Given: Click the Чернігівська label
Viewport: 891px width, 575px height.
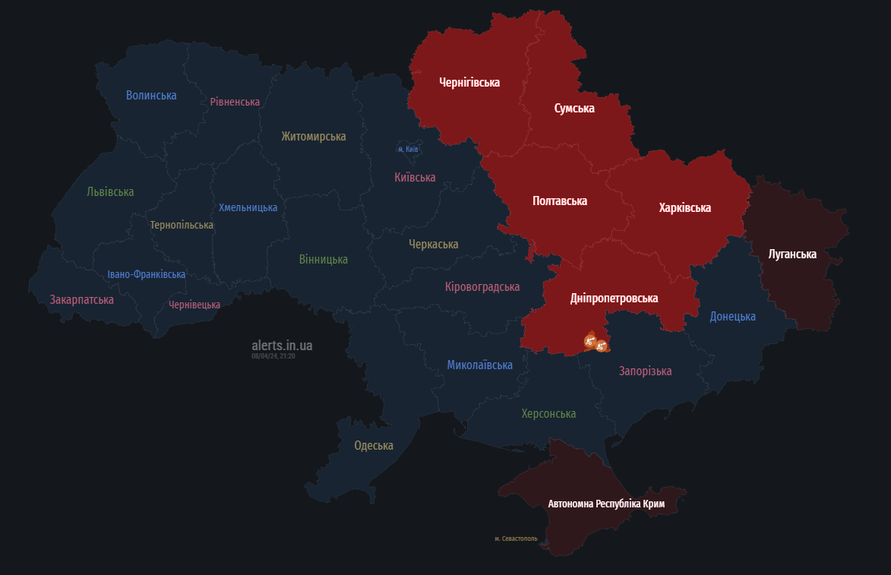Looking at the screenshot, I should pyautogui.click(x=469, y=82).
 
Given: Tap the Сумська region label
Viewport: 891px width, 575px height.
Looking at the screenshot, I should pyautogui.click(x=574, y=109).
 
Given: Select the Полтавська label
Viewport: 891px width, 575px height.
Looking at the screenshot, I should pyautogui.click(x=560, y=201).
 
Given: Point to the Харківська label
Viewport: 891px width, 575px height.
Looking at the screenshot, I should pyautogui.click(x=684, y=207).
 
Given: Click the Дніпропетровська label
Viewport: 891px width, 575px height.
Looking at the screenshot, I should pyautogui.click(x=614, y=299).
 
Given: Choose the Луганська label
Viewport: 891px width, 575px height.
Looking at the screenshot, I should pyautogui.click(x=792, y=254).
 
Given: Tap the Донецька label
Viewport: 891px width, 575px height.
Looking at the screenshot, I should pyautogui.click(x=732, y=316).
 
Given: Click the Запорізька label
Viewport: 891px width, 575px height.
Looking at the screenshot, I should pyautogui.click(x=645, y=371).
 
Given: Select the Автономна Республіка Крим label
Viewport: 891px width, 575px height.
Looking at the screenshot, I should pyautogui.click(x=606, y=504).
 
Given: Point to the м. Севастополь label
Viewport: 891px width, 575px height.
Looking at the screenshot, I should pyautogui.click(x=516, y=539).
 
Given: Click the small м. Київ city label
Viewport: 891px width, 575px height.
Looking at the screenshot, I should pyautogui.click(x=408, y=149).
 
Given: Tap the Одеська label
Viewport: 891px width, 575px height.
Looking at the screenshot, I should pyautogui.click(x=374, y=445).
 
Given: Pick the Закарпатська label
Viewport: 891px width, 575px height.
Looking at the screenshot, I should pyautogui.click(x=82, y=299).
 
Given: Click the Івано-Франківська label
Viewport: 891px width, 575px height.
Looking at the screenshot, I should pyautogui.click(x=146, y=274).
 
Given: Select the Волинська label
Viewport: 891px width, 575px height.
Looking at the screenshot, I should pyautogui.click(x=151, y=95).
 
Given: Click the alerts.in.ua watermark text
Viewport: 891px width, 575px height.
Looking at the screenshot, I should pyautogui.click(x=282, y=346).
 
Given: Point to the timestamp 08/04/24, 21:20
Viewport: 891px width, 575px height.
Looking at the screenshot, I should pyautogui.click(x=273, y=356).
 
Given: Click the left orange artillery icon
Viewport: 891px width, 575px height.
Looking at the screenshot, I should pyautogui.click(x=589, y=342).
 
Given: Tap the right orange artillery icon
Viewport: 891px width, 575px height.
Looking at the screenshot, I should pyautogui.click(x=602, y=346).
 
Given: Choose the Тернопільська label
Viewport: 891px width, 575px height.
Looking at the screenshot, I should pyautogui.click(x=182, y=225).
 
